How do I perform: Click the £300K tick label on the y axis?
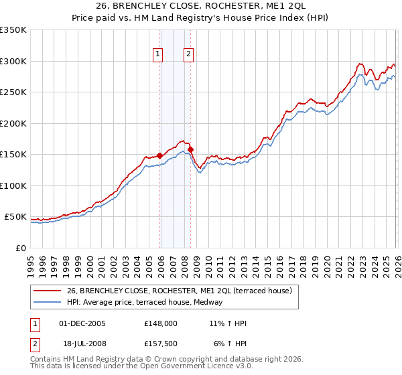[13, 61]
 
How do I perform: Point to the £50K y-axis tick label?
[15, 217]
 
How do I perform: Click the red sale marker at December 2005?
[159, 155]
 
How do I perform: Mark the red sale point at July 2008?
[190, 149]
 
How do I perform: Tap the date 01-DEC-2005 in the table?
[82, 323]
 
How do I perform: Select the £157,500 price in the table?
[161, 344]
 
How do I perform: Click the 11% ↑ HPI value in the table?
[228, 323]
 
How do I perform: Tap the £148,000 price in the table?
[161, 323]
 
